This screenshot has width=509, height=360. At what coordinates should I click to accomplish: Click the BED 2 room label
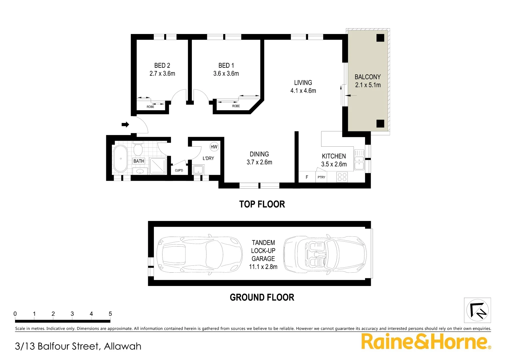point(162,66)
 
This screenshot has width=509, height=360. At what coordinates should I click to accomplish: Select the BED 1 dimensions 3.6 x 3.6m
point(226,74)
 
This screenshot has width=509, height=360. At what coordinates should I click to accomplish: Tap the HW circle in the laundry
point(214,147)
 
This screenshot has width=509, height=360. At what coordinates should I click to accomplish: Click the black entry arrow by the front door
point(125,125)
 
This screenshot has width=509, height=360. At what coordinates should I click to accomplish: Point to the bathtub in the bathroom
point(120,159)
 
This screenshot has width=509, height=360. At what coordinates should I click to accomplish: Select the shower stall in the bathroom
point(158,166)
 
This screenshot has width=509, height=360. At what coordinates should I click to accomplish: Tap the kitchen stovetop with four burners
point(342,177)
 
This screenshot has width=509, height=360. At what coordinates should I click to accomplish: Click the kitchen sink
point(359,160)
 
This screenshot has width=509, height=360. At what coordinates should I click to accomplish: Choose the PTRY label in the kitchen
point(321,177)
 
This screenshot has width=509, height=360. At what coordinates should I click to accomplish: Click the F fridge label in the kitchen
point(307,177)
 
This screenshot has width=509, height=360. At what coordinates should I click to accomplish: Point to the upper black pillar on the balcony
point(380,38)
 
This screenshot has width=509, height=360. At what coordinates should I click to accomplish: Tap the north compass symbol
point(477,310)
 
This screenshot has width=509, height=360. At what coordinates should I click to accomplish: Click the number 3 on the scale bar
point(72,314)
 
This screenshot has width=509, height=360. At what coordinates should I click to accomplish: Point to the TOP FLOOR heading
point(262,204)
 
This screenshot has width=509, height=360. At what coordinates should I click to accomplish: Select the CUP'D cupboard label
point(179,171)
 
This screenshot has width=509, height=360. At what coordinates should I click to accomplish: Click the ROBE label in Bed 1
point(236,106)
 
